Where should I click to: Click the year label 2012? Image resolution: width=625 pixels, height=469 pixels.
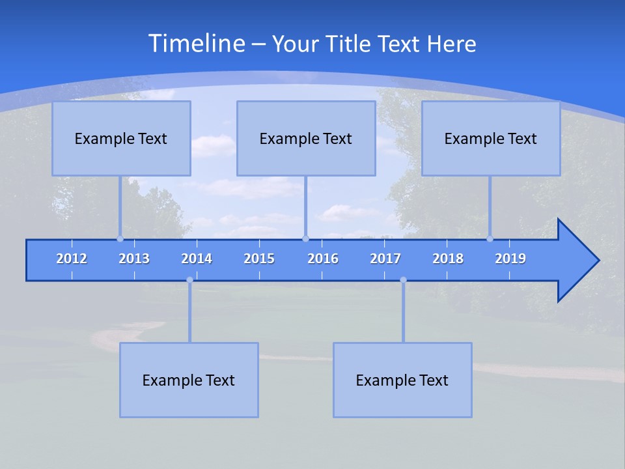point(72,259)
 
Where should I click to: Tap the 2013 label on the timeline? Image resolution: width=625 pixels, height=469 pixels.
point(134,259)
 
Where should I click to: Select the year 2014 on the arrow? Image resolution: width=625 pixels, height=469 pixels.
point(197,259)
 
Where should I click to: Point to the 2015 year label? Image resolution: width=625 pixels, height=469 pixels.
point(259,259)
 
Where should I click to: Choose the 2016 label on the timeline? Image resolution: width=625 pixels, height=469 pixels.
point(323,259)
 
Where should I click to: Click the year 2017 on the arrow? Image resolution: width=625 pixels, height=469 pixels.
point(385,259)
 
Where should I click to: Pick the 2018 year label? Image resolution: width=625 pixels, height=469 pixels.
point(448,259)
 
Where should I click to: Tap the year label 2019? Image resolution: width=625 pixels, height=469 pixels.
point(510,259)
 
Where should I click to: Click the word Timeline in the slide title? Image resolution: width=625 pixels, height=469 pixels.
point(195,44)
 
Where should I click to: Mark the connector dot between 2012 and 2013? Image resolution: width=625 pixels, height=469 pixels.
point(120,239)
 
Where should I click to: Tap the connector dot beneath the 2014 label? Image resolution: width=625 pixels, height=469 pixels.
point(189,280)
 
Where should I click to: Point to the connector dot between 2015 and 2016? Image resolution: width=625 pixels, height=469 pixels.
point(305,239)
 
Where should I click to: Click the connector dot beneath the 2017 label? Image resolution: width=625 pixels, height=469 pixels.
point(403,280)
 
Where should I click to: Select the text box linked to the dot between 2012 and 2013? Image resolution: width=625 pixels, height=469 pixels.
point(121,138)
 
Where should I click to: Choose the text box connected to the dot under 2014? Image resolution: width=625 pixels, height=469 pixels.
point(189,380)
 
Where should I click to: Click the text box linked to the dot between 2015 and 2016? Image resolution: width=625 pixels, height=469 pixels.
point(306,138)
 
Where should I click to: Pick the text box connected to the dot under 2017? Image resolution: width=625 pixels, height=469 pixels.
point(402,380)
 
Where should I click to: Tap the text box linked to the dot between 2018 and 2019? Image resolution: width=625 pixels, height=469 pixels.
point(491,138)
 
